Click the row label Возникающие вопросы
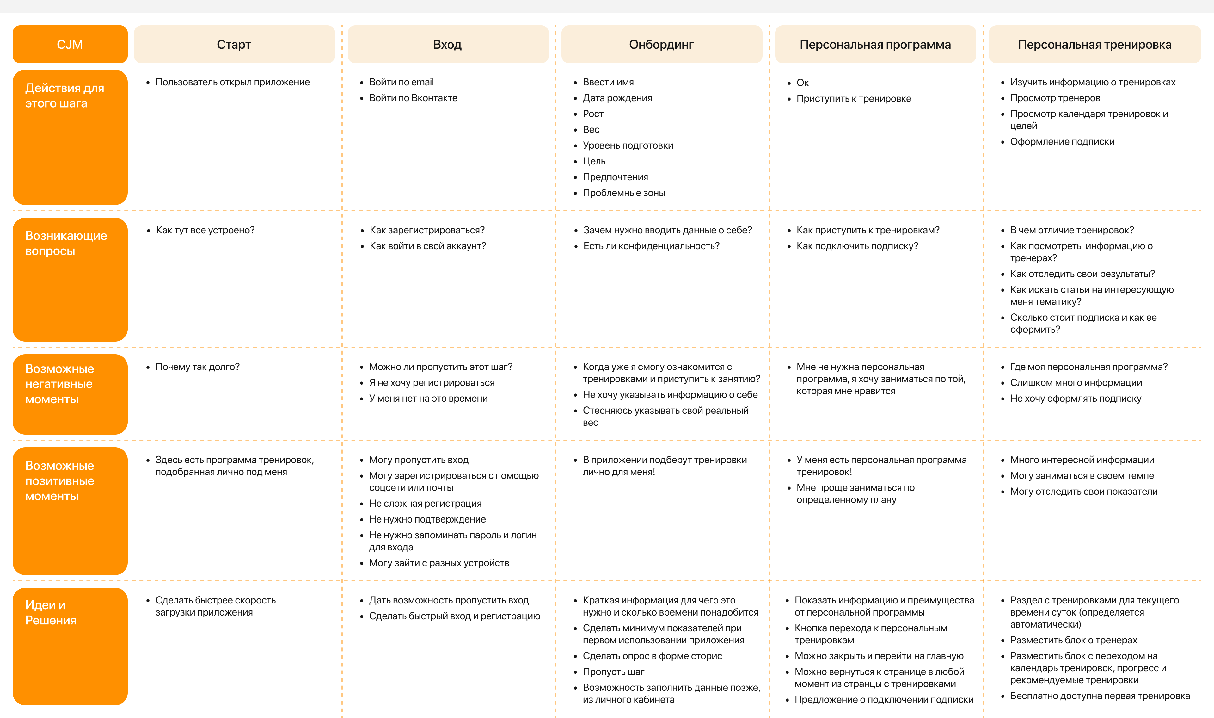66,243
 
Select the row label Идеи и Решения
51,613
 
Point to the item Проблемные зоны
624,193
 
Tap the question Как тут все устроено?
205,230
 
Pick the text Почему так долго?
197,367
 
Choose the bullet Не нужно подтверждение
427,519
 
